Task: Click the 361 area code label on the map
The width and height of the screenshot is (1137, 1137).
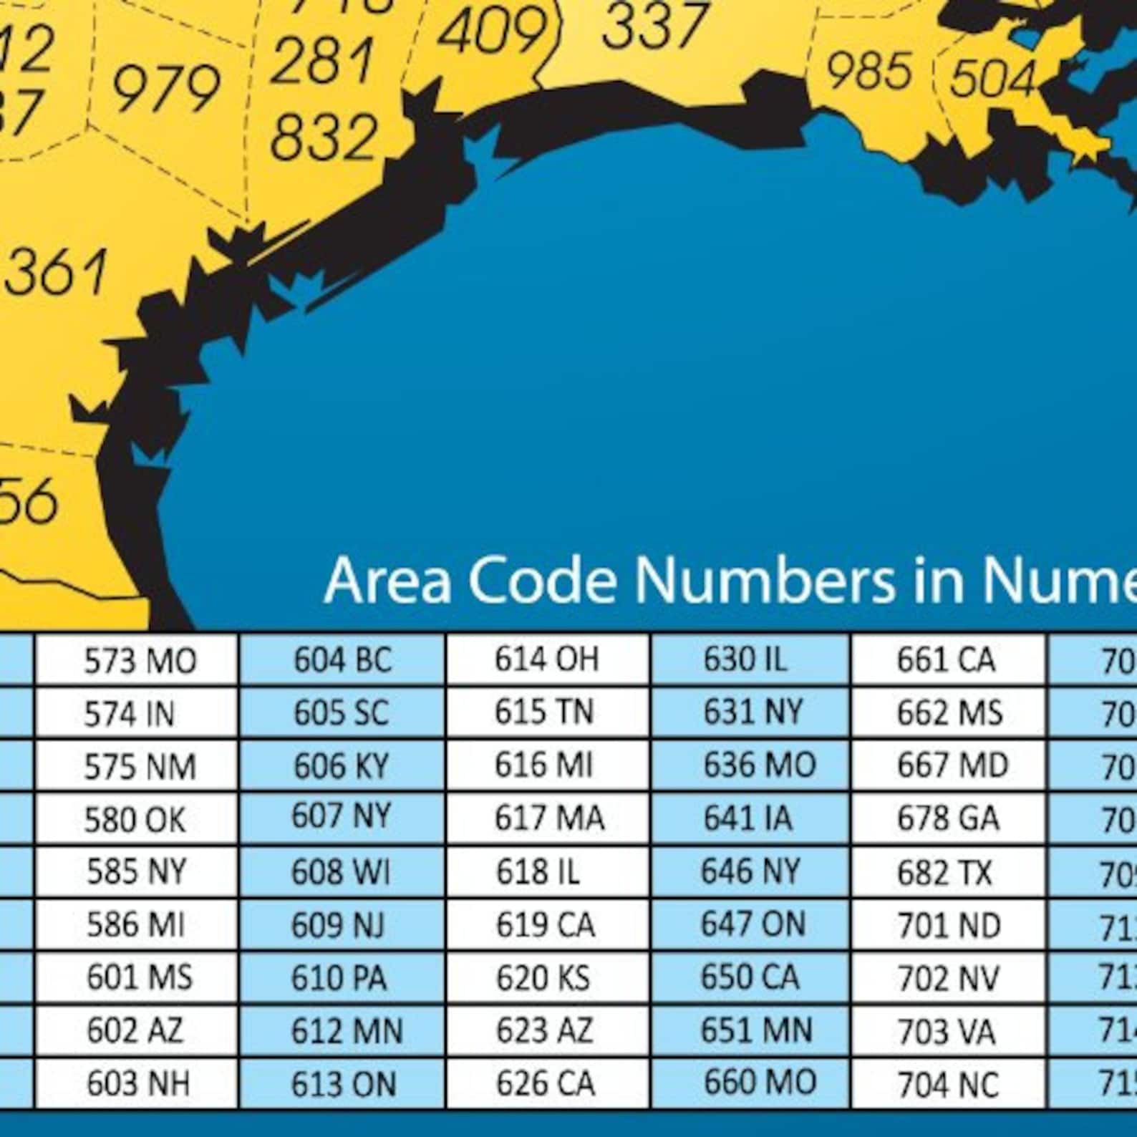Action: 57,273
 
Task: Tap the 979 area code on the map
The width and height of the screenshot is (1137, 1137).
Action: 166,88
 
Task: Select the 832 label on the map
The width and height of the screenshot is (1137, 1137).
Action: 324,137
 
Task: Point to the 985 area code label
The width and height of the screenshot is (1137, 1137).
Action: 869,71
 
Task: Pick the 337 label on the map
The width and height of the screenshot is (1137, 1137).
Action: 655,26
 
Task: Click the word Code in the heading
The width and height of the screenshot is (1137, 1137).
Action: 542,579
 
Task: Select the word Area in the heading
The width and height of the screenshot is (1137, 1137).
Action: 387,579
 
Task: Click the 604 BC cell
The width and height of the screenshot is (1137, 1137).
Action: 342,660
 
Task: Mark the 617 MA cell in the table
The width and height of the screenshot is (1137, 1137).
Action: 548,818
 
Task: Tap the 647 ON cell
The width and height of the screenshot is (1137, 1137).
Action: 752,924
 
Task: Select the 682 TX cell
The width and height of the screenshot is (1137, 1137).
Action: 946,872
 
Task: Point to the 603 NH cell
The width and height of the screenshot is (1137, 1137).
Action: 138,1083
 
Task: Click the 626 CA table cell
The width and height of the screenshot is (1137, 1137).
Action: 546,1083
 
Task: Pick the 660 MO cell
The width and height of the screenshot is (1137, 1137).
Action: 759,1082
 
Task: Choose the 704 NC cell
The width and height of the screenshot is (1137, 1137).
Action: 948,1085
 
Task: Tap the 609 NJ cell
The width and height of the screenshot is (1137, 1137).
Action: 338,925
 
